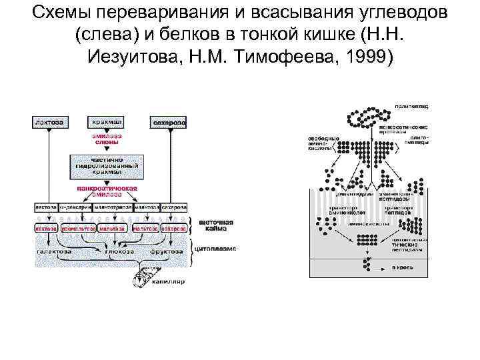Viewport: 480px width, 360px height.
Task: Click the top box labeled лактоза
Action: (49, 123)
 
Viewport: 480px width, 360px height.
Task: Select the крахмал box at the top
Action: (107, 123)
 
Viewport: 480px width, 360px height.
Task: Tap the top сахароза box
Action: (170, 123)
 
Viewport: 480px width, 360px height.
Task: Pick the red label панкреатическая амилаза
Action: (107, 192)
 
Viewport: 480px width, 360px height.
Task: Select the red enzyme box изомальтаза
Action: (77, 229)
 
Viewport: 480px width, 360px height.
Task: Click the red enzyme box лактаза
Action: (46, 229)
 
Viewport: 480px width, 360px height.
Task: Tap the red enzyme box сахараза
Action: (173, 229)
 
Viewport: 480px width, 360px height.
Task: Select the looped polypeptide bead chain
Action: (364, 119)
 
